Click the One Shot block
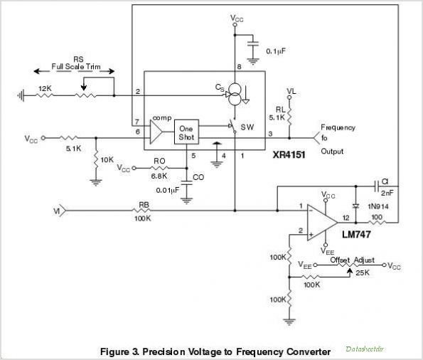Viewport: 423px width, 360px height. tap(186, 132)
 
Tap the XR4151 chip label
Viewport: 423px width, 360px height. tap(289, 155)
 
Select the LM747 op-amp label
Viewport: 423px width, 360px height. tap(356, 234)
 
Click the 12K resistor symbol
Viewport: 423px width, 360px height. tap(45, 95)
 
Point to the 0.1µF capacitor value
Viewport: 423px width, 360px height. tap(276, 51)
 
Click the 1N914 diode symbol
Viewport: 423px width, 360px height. tap(356, 206)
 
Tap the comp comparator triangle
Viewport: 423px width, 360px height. tap(156, 132)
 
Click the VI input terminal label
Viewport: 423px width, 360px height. tap(56, 211)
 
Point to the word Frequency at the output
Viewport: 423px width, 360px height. tap(338, 127)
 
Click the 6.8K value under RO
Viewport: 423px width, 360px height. tap(159, 176)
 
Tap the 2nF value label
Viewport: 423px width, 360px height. tap(387, 193)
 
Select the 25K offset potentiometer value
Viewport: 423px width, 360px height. tap(363, 272)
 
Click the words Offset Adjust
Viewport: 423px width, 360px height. tap(353, 260)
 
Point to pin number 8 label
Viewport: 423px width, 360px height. tap(239, 67)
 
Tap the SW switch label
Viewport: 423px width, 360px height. tap(247, 127)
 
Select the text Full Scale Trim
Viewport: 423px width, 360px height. tap(76, 66)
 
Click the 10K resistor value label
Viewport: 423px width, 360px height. tap(107, 160)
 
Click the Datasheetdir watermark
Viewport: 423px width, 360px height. tap(365, 349)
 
